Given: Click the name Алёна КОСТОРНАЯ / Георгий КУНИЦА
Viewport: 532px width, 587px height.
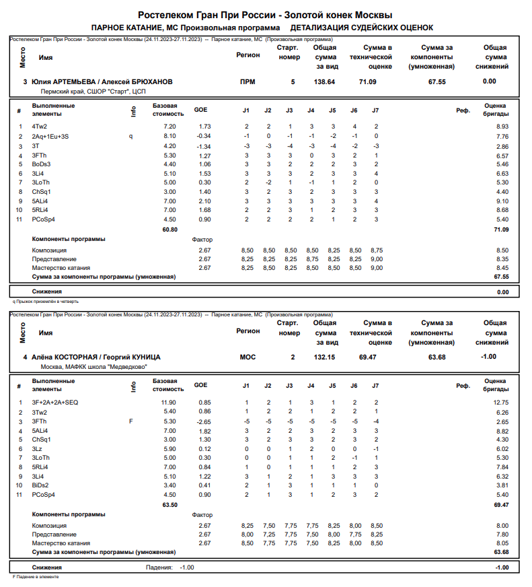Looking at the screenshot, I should click(x=96, y=357).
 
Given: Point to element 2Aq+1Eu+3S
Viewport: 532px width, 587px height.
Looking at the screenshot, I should click(x=50, y=136).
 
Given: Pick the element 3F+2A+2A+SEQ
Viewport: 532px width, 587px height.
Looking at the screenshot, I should click(x=55, y=402).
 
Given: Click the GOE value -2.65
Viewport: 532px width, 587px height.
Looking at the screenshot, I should click(x=202, y=421).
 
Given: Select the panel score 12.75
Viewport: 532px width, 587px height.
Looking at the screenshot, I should click(x=501, y=402).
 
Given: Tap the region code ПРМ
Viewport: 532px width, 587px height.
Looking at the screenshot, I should click(x=248, y=81).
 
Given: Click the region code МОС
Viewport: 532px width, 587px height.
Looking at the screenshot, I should click(x=248, y=357).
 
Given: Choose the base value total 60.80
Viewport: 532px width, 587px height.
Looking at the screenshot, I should click(x=169, y=230).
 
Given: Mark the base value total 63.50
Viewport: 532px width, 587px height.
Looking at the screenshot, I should click(x=169, y=504).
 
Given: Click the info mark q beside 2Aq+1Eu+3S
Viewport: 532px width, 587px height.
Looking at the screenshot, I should click(x=132, y=136).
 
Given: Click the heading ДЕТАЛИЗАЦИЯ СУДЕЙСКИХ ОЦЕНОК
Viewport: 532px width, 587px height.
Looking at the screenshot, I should click(x=362, y=28).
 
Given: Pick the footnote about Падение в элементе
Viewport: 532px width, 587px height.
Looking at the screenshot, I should click(x=38, y=577).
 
